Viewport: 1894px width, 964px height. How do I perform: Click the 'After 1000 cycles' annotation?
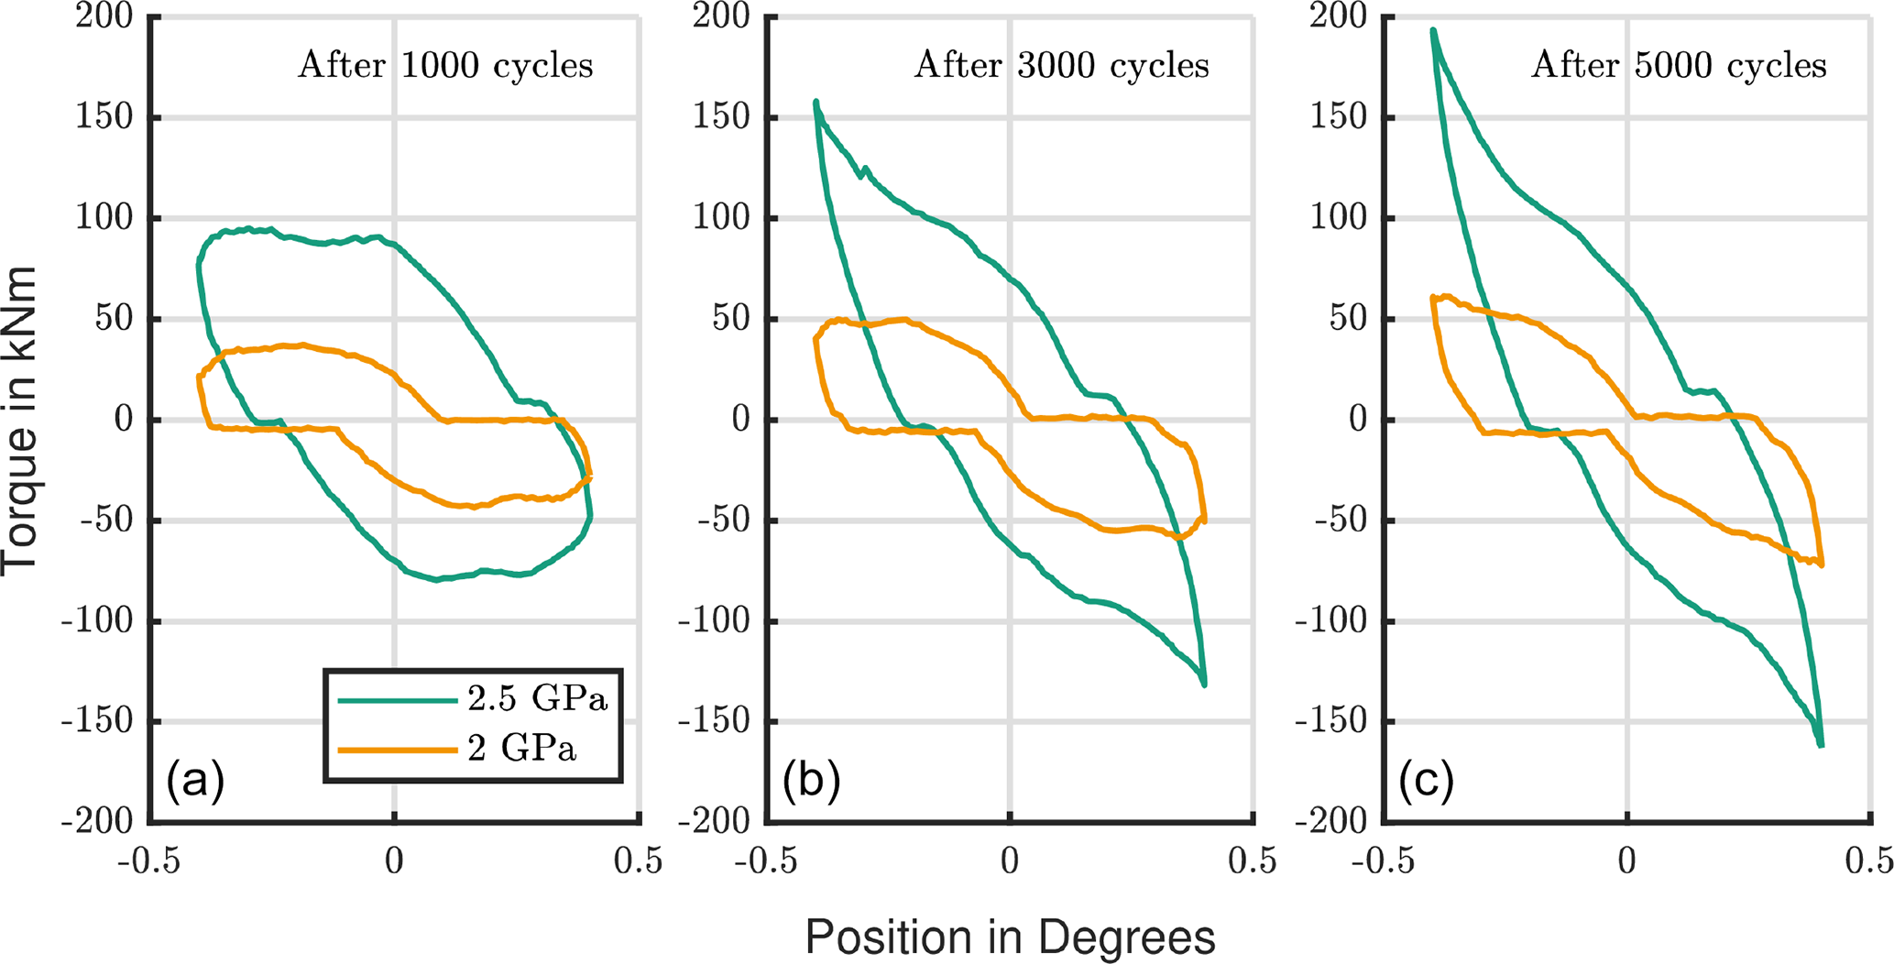click(x=445, y=66)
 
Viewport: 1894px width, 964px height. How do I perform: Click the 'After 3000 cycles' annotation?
click(x=1062, y=66)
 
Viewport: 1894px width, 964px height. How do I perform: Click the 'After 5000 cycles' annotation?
click(x=1679, y=66)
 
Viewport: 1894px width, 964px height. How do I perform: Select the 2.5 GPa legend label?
click(x=537, y=700)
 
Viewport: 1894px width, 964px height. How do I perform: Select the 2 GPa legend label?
click(x=522, y=750)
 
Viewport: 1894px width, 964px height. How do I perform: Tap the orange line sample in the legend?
click(x=397, y=750)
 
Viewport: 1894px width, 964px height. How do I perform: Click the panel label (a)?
click(x=194, y=782)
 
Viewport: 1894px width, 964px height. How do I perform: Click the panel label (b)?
click(x=811, y=782)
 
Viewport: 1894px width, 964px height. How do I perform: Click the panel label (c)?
click(x=1427, y=782)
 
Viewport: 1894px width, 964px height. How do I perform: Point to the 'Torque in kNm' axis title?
click(x=20, y=421)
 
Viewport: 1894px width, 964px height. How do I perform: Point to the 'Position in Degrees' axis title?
click(x=1010, y=937)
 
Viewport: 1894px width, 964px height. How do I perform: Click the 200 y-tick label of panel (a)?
click(x=104, y=16)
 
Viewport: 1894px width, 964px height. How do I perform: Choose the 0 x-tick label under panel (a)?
click(x=394, y=862)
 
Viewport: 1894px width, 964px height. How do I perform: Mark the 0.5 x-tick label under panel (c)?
click(x=1869, y=862)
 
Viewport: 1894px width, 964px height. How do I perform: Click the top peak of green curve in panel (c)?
click(x=1433, y=30)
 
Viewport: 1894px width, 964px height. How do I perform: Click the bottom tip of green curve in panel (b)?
click(x=1204, y=685)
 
